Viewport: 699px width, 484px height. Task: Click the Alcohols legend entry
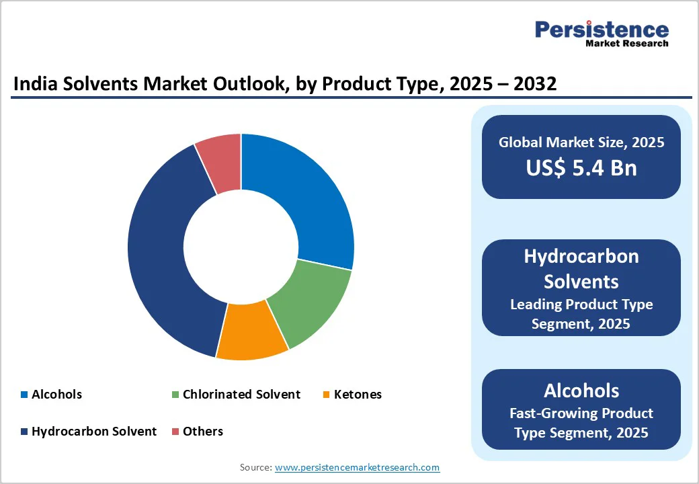[x=56, y=395]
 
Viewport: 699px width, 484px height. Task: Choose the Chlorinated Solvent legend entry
[x=241, y=395]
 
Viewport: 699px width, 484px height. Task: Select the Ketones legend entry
[x=358, y=395]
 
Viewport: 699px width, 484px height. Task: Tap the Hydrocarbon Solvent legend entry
[x=93, y=432]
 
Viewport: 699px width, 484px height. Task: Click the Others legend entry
[x=202, y=432]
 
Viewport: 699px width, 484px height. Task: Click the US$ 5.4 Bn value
[x=581, y=167]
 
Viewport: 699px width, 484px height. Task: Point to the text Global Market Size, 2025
[x=581, y=142]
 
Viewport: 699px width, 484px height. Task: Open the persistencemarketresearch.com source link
[x=357, y=467]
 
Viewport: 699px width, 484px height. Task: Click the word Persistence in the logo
[x=602, y=30]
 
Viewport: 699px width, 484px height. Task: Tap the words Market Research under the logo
[x=626, y=44]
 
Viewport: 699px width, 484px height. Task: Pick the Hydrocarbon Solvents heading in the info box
[x=581, y=268]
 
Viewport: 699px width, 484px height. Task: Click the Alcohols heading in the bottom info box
[x=581, y=391]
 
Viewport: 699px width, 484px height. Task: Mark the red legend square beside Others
[x=175, y=432]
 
